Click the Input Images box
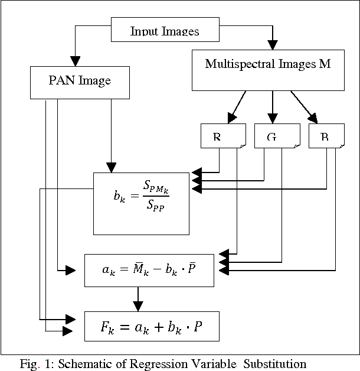(x=165, y=31)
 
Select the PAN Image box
(x=80, y=81)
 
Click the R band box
(x=220, y=136)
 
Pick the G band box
(x=273, y=136)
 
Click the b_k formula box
(x=141, y=203)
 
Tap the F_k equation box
(x=151, y=326)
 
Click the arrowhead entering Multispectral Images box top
(x=272, y=44)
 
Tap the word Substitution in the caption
(x=274, y=363)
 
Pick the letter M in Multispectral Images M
(x=325, y=64)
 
